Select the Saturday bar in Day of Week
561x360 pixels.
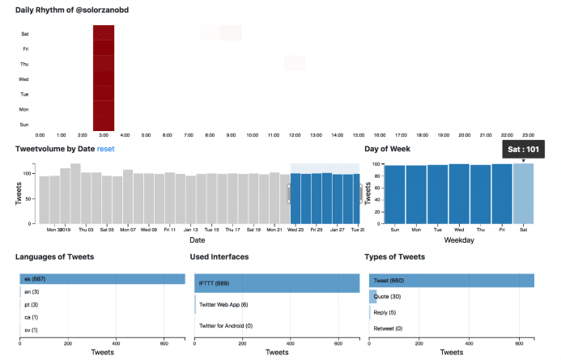point(523,193)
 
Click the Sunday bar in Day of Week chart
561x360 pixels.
point(394,194)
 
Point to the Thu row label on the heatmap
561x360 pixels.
point(25,64)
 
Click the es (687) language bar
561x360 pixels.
point(104,279)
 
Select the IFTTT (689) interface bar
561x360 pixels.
point(277,283)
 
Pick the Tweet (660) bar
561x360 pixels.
point(451,280)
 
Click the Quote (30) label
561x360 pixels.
point(388,296)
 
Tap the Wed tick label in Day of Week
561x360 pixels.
point(458,229)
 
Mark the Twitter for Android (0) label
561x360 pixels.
point(233,325)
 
